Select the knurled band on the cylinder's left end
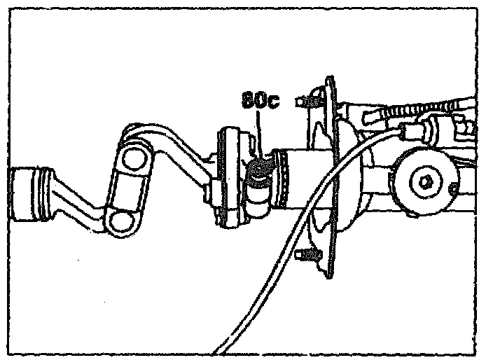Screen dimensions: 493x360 click(282, 181)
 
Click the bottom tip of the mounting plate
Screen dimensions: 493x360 click(330, 279)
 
